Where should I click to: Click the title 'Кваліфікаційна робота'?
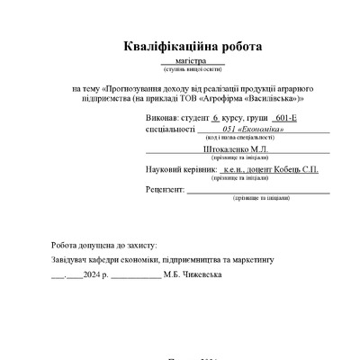pyautogui.click(x=180, y=47)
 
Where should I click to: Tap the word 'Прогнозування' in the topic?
pyautogui.click(x=135, y=89)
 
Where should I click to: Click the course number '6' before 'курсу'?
pyautogui.click(x=215, y=118)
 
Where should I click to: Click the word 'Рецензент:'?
pyautogui.click(x=165, y=189)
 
